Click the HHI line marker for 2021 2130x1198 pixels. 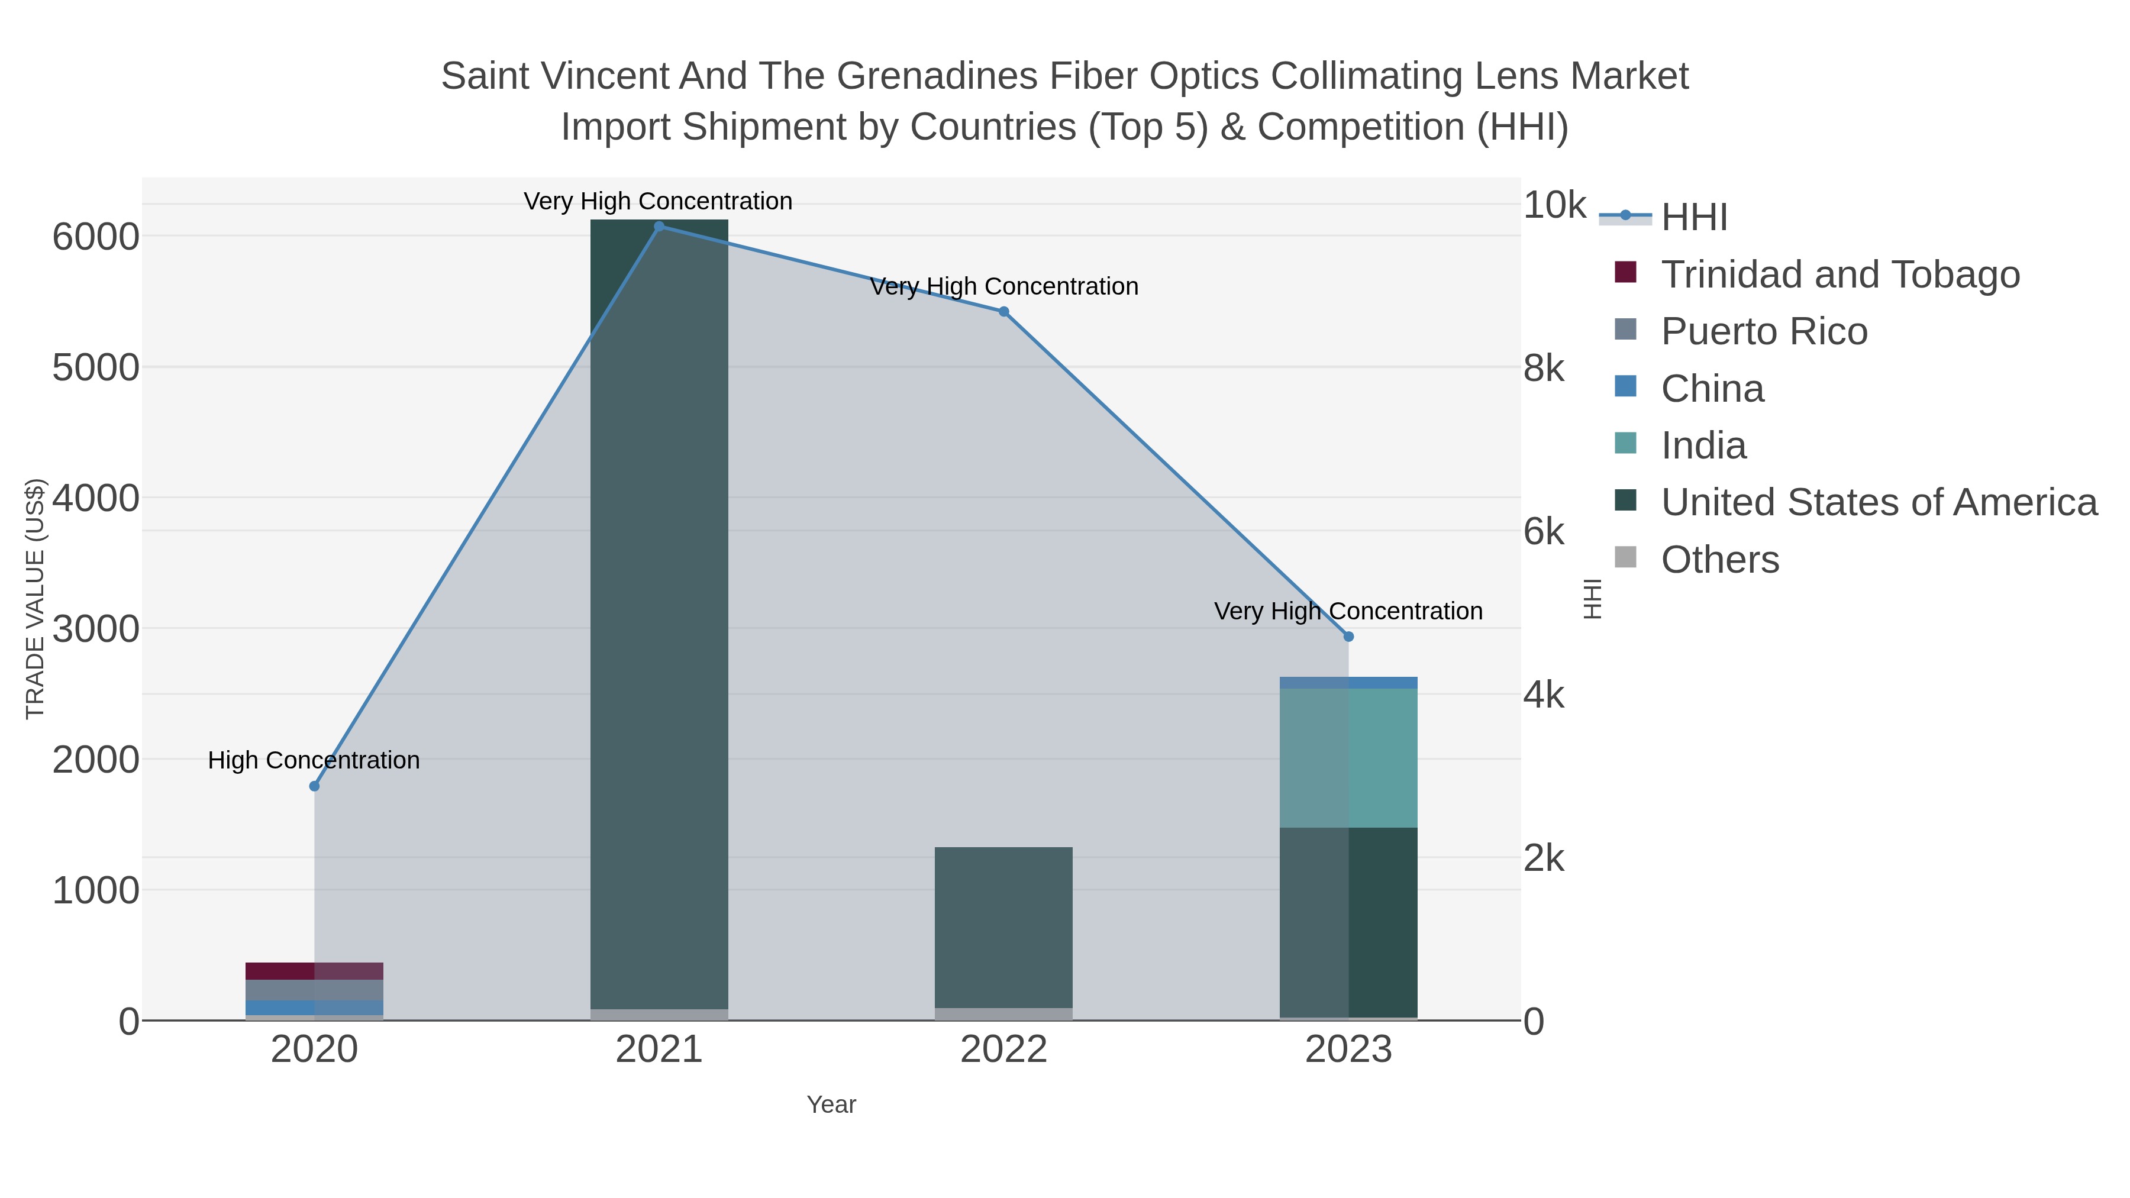click(659, 226)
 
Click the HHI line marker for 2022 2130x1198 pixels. click(1004, 312)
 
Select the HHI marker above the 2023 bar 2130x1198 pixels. click(1348, 637)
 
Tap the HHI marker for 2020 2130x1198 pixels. click(314, 786)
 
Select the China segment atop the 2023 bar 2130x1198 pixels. click(1348, 683)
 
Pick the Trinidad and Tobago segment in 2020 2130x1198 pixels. click(314, 971)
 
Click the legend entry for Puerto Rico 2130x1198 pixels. click(1763, 331)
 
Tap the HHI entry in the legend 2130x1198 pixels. click(1693, 218)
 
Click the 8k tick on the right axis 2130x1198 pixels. click(1544, 369)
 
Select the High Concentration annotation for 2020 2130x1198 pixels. click(314, 760)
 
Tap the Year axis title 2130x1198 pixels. click(831, 1105)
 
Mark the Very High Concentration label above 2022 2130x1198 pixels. click(1004, 287)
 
